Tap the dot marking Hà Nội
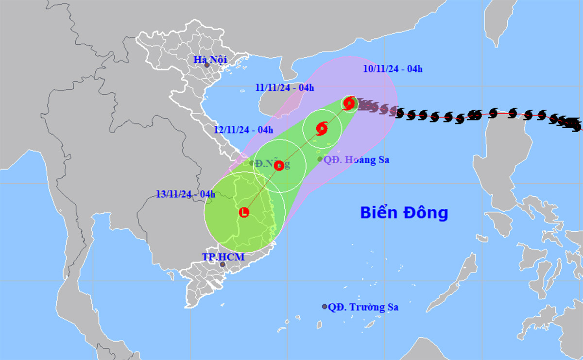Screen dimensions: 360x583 (207, 65)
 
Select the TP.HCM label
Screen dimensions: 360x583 (223, 257)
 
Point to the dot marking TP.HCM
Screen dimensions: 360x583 (223, 265)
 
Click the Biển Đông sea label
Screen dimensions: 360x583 (403, 213)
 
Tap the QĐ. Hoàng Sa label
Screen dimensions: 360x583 (356, 159)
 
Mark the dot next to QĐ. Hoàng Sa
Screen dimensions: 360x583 (320, 159)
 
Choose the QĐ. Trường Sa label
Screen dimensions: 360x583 (363, 307)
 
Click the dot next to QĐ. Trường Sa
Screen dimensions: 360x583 (325, 307)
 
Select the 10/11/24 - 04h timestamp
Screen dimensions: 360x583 (393, 69)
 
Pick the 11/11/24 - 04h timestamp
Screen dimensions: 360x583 (284, 88)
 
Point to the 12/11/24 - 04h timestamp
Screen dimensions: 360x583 (243, 130)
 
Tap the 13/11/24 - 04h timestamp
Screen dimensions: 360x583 (186, 194)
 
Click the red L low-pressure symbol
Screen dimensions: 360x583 (244, 212)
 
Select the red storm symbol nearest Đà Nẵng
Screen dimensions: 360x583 (279, 166)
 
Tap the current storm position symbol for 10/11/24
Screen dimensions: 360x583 (349, 103)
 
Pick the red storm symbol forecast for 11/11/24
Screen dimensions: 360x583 (322, 129)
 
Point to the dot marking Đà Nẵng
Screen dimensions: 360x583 (252, 163)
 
